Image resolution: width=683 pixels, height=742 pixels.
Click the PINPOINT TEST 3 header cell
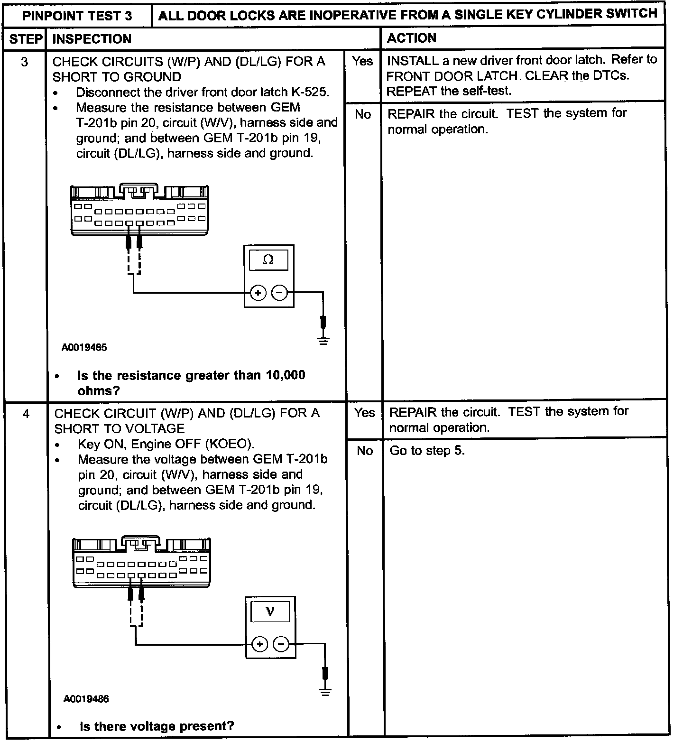pyautogui.click(x=77, y=16)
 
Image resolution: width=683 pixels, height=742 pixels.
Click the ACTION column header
pyautogui.click(x=412, y=38)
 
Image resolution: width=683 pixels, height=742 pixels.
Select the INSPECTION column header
pyautogui.click(x=92, y=39)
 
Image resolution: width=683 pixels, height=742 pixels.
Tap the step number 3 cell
pyautogui.click(x=25, y=62)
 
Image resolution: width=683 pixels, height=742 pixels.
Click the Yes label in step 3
pyautogui.click(x=362, y=61)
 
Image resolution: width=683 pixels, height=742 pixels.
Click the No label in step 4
pyautogui.click(x=364, y=450)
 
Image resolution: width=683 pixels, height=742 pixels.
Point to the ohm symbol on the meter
pyautogui.click(x=268, y=260)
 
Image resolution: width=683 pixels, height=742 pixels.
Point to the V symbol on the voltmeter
pyautogui.click(x=270, y=611)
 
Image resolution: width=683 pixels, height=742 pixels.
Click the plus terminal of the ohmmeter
pyautogui.click(x=258, y=293)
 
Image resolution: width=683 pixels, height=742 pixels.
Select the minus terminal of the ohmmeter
pyautogui.click(x=279, y=293)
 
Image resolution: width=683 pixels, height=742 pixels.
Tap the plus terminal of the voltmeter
pyautogui.click(x=259, y=644)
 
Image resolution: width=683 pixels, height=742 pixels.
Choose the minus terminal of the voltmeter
pyautogui.click(x=281, y=644)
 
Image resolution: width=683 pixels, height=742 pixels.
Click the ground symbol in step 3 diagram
pyautogui.click(x=323, y=340)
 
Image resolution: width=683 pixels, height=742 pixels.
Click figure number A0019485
pyautogui.click(x=84, y=347)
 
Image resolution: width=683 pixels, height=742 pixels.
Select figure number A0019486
pyautogui.click(x=86, y=699)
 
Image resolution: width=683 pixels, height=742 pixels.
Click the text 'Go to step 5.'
pyautogui.click(x=427, y=450)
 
